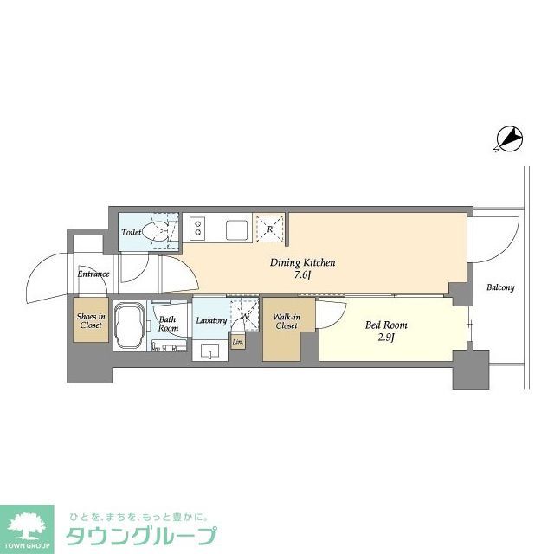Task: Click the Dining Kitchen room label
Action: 303,263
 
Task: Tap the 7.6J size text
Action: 303,276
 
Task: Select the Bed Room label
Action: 385,325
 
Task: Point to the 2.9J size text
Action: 386,338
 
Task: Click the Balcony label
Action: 499,287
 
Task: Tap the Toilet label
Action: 132,232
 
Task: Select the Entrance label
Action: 93,274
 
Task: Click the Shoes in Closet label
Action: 90,320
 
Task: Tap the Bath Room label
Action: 168,324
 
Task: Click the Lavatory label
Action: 211,320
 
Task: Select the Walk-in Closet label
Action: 287,321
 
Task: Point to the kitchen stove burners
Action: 198,229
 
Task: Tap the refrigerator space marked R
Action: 270,229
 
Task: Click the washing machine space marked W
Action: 245,317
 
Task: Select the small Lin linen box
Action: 237,342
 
